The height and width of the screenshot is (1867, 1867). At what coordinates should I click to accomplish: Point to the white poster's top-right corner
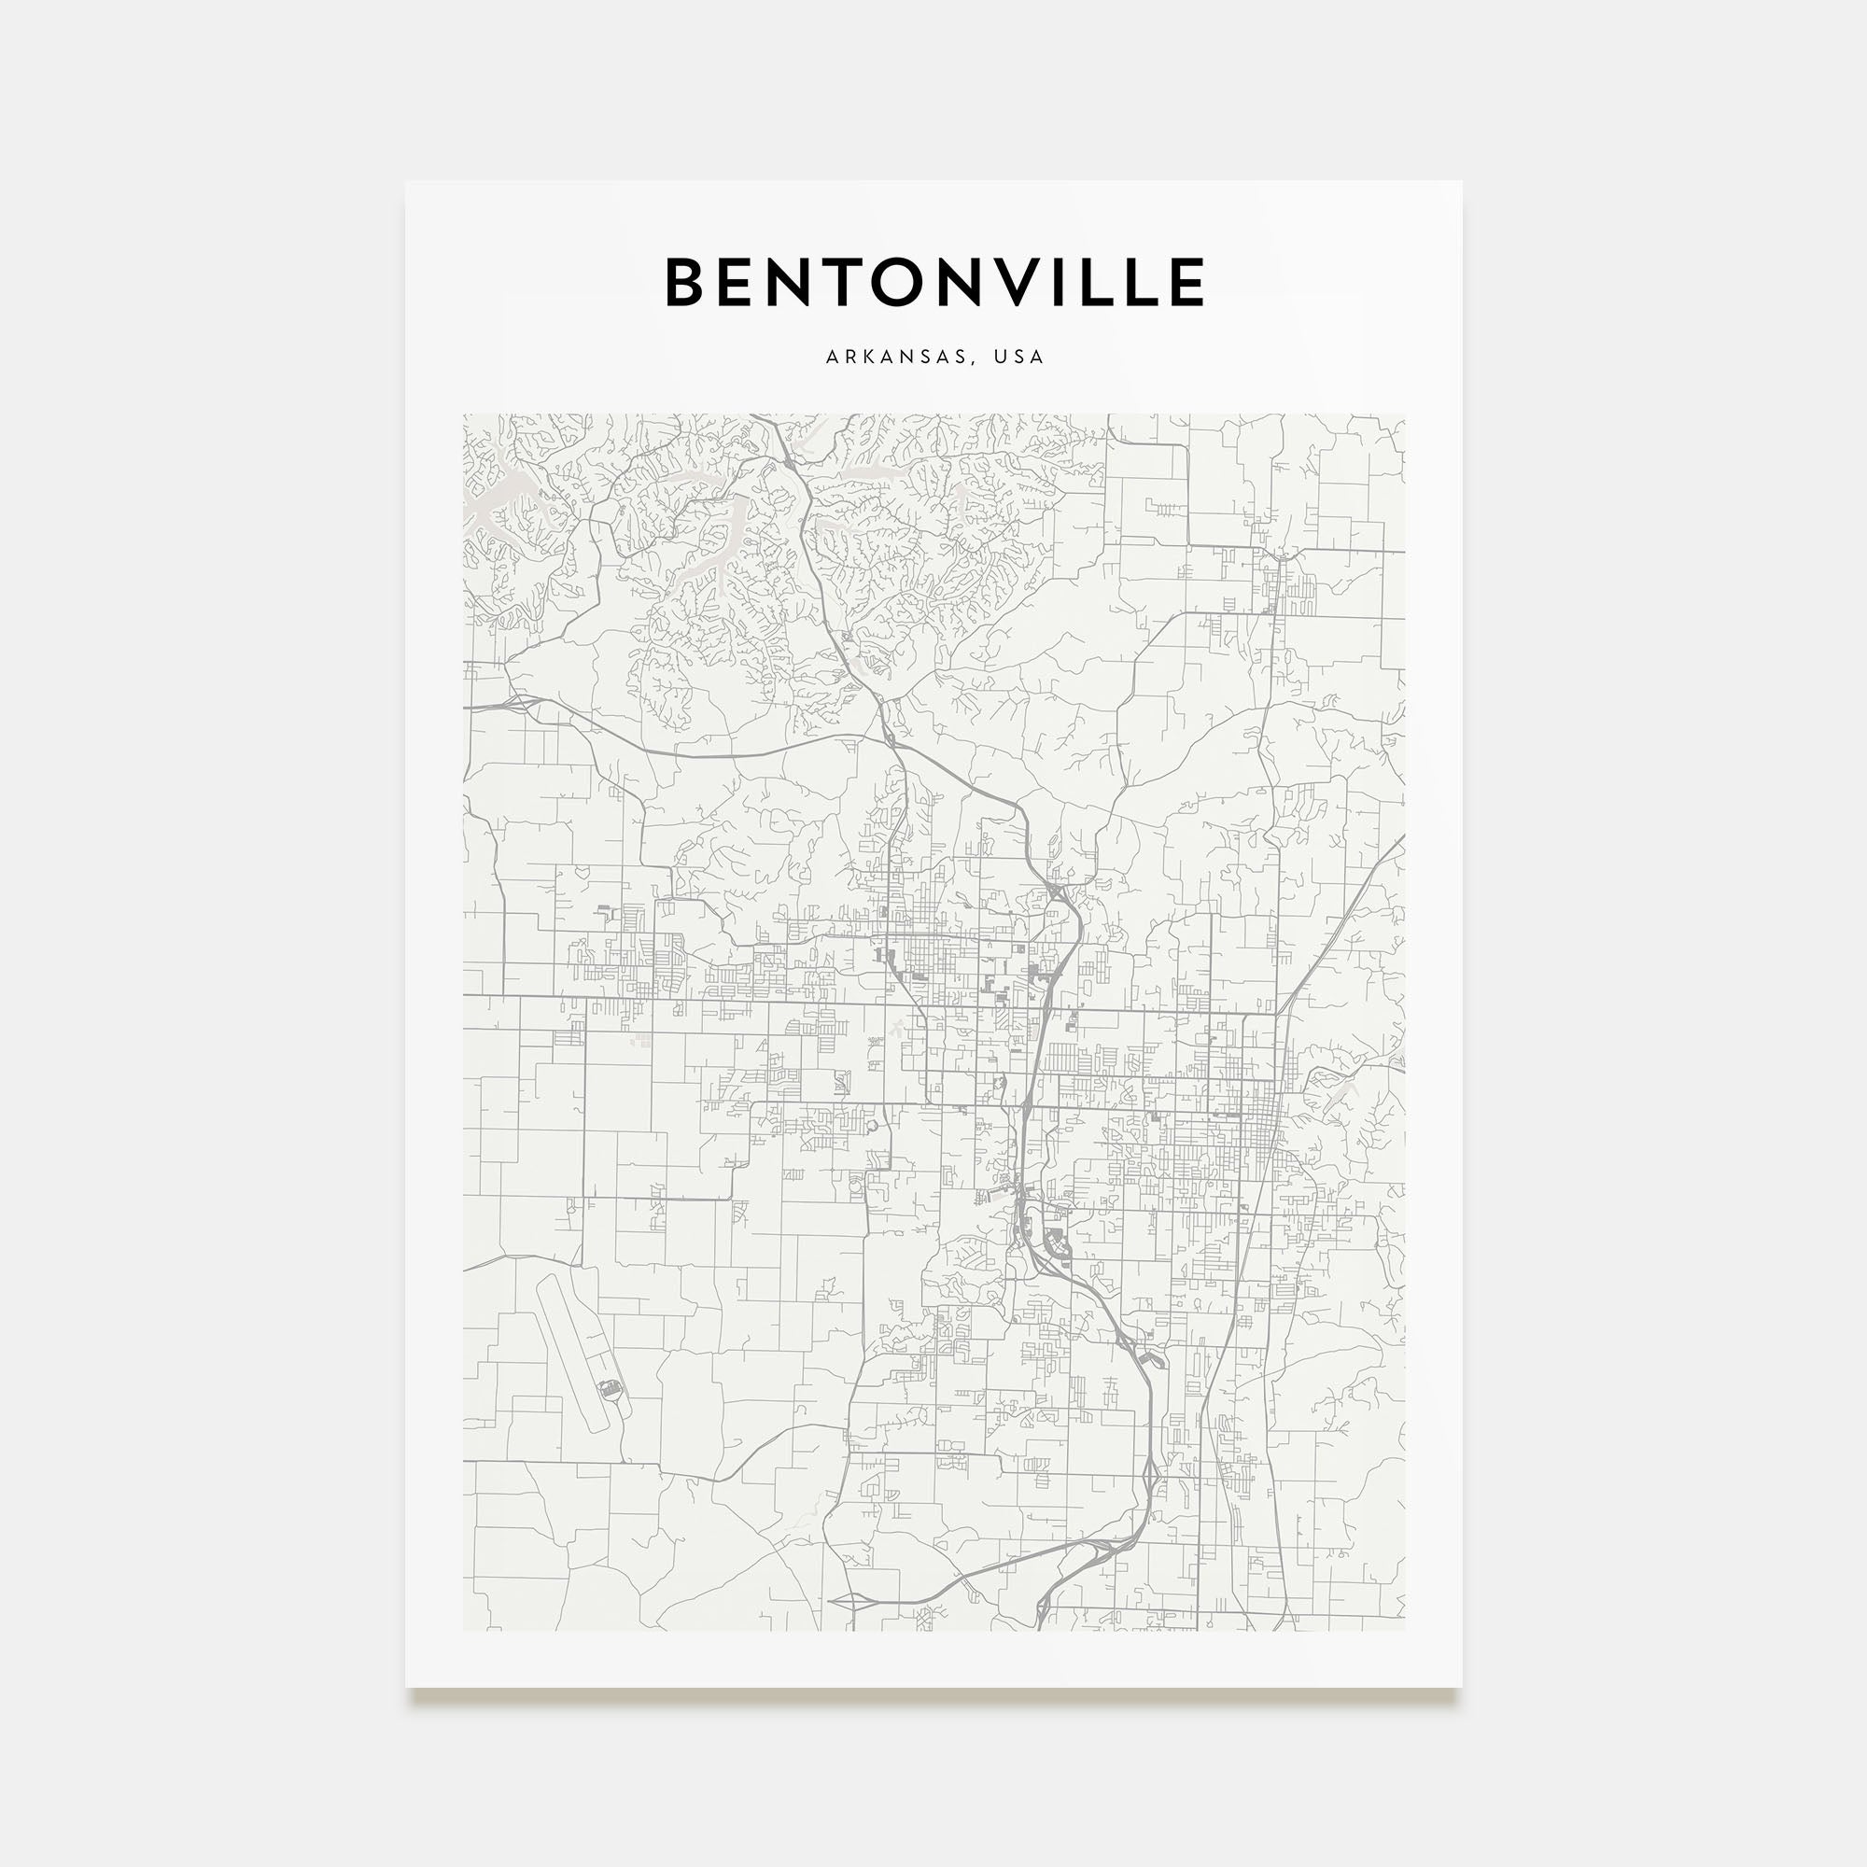1461,182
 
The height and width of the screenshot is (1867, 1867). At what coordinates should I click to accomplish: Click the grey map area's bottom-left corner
464,1630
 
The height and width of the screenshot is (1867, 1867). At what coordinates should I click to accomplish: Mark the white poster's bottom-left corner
406,1687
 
